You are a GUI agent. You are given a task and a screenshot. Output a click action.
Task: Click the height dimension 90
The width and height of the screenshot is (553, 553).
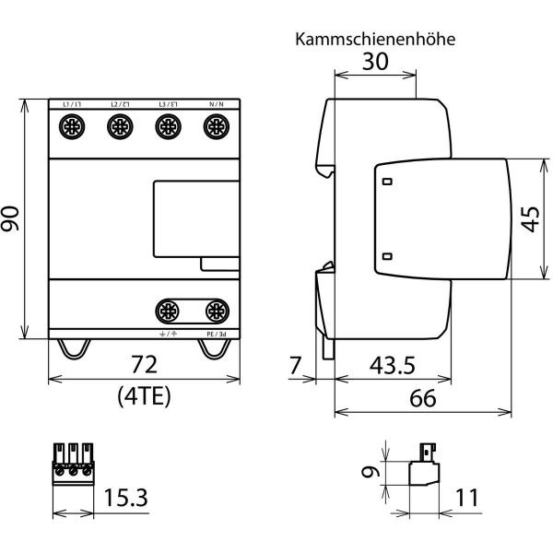(x=12, y=219)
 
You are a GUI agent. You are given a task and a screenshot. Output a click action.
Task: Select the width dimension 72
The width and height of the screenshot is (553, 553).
(x=142, y=362)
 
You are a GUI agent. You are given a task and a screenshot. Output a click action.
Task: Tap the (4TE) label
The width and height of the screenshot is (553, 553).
(x=142, y=396)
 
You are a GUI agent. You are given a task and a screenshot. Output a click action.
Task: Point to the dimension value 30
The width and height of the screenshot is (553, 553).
(x=374, y=63)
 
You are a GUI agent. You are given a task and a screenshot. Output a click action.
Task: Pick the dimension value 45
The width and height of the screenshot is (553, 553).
(x=531, y=219)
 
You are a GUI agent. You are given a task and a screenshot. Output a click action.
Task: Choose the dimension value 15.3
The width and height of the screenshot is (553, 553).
(x=127, y=499)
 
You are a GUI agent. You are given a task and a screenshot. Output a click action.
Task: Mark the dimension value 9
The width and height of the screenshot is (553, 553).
(x=369, y=474)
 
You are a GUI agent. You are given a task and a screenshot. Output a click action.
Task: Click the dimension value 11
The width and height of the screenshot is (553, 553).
(x=467, y=499)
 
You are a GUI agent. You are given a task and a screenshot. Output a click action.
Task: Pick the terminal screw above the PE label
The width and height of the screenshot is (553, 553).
(x=216, y=310)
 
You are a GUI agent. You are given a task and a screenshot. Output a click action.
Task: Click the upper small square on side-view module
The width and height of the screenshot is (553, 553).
(x=387, y=182)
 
